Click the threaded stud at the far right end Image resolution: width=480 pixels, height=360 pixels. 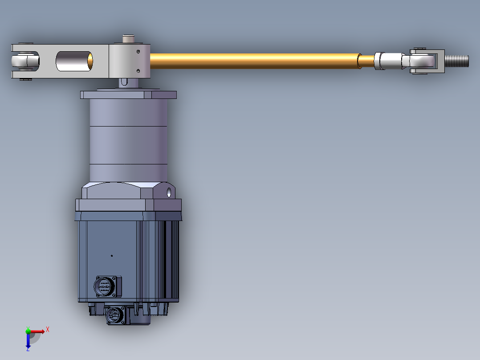tap(456, 60)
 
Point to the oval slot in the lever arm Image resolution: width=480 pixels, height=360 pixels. tap(74, 61)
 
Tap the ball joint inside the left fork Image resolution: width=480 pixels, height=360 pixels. tap(24, 61)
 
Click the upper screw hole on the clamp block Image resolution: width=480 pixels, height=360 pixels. tap(138, 52)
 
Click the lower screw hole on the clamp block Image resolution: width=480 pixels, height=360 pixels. tap(138, 70)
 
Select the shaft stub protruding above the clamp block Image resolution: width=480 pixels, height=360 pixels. tap(129, 40)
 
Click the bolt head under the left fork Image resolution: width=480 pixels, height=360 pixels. tap(25, 80)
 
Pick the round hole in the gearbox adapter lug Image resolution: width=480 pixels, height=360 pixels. tap(169, 193)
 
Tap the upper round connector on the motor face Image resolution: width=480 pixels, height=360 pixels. tap(106, 286)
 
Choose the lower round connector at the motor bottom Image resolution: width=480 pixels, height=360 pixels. tap(115, 315)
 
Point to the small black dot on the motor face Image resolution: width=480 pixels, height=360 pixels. tap(111, 256)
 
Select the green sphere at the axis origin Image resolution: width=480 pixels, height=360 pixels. tap(28, 331)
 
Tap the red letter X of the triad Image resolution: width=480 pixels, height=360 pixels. tap(47, 329)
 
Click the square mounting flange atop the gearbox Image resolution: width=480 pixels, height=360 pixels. tap(128, 94)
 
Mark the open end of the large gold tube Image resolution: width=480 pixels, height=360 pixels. tap(360, 61)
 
